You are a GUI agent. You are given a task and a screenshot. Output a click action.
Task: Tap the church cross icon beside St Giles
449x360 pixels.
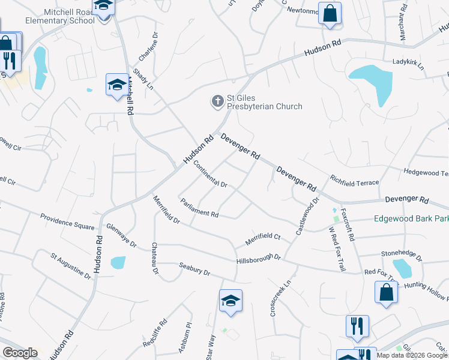217,102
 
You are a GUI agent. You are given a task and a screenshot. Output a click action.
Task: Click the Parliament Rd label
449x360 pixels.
198,206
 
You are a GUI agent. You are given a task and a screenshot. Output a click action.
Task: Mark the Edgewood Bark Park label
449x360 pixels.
411,218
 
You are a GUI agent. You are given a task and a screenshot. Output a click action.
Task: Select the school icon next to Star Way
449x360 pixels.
231,301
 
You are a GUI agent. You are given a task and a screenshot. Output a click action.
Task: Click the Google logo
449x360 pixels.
20,353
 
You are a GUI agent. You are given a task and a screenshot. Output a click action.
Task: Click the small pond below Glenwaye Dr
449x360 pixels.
118,263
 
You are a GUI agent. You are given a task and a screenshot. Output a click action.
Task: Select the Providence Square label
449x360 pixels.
67,221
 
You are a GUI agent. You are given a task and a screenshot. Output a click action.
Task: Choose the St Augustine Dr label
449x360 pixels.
71,265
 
